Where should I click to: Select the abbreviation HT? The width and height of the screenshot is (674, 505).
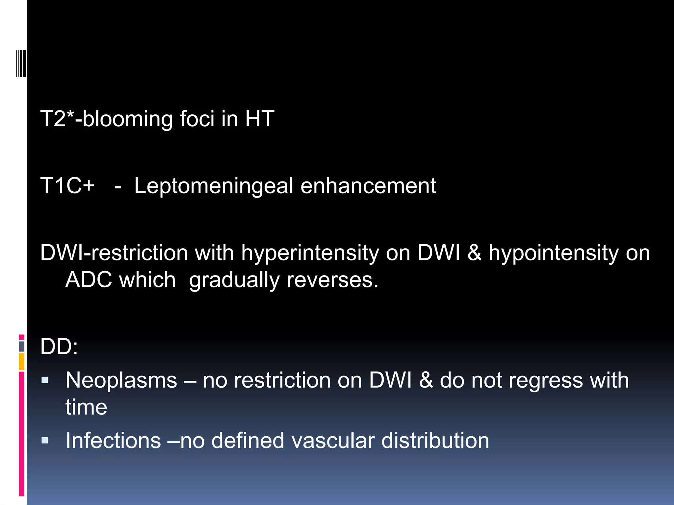pos(259,119)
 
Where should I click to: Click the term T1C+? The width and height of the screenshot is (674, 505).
pos(67,186)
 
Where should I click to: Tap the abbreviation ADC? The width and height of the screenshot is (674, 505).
pos(88,280)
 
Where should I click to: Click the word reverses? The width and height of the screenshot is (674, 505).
pos(332,280)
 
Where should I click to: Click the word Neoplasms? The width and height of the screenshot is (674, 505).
pos(121,380)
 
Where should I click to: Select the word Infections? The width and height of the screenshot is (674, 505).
pos(113,441)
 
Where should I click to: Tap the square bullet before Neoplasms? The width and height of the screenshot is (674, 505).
pos(45,381)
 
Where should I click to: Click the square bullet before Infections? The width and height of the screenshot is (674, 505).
pos(45,441)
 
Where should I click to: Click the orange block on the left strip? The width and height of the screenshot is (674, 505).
pos(22,362)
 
